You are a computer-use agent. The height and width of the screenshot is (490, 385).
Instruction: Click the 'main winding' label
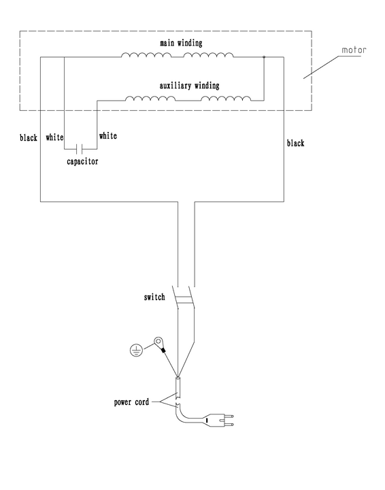[x=181, y=43]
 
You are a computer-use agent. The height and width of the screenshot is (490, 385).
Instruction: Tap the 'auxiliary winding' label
[x=189, y=86]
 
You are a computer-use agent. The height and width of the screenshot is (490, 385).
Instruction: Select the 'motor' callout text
[x=354, y=50]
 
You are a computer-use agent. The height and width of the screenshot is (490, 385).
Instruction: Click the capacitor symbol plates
[x=80, y=149]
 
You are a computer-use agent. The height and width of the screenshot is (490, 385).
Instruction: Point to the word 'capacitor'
[x=82, y=161]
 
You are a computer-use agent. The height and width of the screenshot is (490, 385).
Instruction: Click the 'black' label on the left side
[x=29, y=137]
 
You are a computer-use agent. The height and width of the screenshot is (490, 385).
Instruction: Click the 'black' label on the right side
[x=295, y=143]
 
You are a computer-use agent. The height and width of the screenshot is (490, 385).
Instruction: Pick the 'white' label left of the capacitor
[x=54, y=137]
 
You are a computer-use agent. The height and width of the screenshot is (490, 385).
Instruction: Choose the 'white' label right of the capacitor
[x=108, y=135]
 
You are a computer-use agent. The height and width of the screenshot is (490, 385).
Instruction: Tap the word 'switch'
[x=154, y=297]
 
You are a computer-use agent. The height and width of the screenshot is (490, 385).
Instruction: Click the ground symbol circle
[x=136, y=350]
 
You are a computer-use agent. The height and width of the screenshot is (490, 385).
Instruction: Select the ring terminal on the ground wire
[x=158, y=342]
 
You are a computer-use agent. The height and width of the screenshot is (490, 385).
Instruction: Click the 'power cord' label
[x=131, y=402]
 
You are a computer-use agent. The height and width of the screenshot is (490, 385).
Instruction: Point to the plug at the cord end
[x=218, y=420]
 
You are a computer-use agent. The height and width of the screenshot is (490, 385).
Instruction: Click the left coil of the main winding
[x=146, y=55]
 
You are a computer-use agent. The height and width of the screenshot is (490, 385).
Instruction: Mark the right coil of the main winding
[x=208, y=55]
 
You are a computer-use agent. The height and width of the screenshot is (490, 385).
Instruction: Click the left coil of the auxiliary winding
[x=150, y=99]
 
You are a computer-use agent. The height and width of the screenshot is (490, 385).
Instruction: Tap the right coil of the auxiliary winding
[x=226, y=99]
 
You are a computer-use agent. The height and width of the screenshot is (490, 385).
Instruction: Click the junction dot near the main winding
[x=264, y=57]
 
